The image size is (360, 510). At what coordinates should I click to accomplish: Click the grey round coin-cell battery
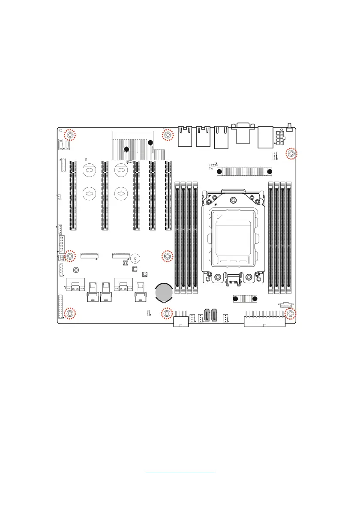(164, 292)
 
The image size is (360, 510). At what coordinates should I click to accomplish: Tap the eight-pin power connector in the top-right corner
(281, 138)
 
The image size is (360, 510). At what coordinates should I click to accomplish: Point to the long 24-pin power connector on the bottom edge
(264, 321)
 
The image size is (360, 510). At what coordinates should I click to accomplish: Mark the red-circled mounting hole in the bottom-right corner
(290, 314)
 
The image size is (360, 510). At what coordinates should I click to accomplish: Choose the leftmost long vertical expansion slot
(73, 195)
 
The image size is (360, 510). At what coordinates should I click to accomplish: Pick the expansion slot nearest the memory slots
(168, 195)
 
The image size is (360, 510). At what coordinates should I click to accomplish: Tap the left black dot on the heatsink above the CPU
(219, 172)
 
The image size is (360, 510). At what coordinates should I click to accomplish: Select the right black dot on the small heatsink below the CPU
(255, 298)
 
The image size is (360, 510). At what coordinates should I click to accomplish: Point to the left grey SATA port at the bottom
(207, 316)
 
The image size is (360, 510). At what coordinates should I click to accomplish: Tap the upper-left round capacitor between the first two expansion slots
(88, 170)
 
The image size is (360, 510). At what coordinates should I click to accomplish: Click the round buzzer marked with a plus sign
(136, 258)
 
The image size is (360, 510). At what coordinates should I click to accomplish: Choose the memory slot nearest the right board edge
(289, 238)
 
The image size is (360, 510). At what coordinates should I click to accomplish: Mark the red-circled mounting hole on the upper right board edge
(291, 154)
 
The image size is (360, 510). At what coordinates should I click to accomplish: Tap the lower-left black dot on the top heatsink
(126, 149)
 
